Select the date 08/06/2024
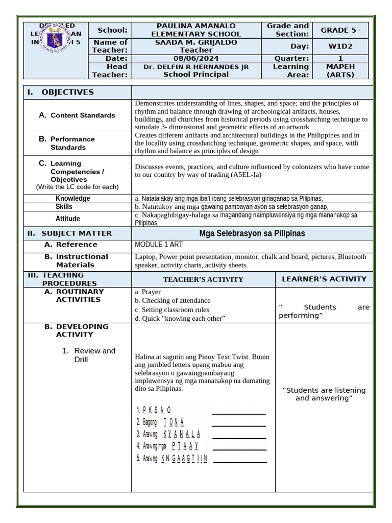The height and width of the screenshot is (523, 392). [196, 59]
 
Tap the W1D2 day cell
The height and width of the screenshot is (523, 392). [340, 46]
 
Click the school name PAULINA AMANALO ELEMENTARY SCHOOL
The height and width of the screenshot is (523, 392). [196, 30]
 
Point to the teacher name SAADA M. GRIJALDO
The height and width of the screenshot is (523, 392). [196, 42]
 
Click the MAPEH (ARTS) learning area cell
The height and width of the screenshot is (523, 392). [340, 70]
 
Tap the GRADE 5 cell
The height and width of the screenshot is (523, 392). [340, 30]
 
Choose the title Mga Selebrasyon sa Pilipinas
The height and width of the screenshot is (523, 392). [252, 233]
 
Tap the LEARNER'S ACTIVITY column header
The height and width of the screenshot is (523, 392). [324, 279]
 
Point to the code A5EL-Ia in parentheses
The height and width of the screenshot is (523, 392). [247, 175]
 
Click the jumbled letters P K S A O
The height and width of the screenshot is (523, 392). [157, 410]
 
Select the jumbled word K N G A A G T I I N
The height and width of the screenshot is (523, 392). [184, 459]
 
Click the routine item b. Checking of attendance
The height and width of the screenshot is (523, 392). [173, 301]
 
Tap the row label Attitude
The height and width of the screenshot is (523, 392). [68, 219]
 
